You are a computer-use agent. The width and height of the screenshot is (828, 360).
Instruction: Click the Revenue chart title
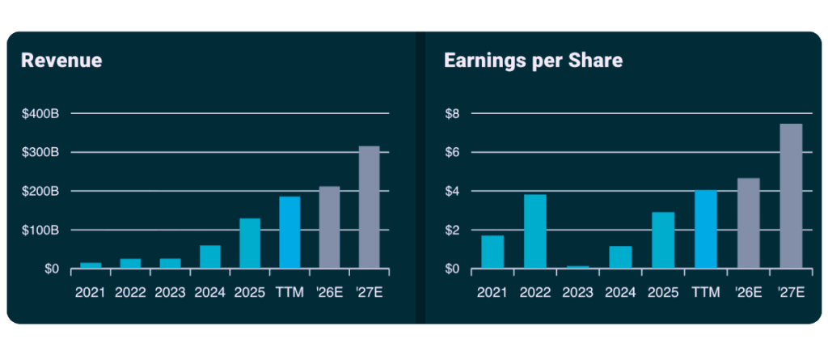click(61, 61)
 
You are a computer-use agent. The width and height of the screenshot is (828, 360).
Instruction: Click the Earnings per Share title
click(533, 61)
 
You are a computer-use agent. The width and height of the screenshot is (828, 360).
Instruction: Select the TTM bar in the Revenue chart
click(289, 232)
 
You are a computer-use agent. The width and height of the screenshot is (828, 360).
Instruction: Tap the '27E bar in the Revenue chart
click(369, 207)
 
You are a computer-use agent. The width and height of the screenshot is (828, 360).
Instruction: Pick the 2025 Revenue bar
click(250, 244)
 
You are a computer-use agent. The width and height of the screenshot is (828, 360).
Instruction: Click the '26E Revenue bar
click(329, 227)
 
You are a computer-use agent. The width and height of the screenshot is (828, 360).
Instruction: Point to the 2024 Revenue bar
click(210, 257)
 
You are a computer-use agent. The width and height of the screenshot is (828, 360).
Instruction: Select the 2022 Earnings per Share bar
click(535, 231)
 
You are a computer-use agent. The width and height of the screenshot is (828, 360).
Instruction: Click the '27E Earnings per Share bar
click(791, 196)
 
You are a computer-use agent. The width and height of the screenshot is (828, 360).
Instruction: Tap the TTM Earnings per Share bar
click(706, 230)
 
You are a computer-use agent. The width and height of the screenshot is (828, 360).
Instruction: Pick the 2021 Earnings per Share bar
click(492, 252)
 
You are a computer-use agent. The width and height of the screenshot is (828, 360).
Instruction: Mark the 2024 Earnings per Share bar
click(620, 257)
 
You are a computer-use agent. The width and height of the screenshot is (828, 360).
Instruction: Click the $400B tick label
click(40, 114)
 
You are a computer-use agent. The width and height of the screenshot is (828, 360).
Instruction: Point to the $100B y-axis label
click(40, 231)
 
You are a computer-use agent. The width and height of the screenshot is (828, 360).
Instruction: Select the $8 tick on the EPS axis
click(453, 114)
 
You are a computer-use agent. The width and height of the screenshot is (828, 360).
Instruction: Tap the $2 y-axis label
click(453, 231)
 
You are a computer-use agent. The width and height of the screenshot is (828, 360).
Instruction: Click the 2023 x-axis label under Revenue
click(170, 292)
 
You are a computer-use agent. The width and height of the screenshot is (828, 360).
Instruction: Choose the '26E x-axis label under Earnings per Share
click(748, 292)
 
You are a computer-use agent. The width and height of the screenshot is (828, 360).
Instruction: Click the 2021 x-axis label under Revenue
click(91, 292)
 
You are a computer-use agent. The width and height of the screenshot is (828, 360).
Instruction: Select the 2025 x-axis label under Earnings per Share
click(663, 292)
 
